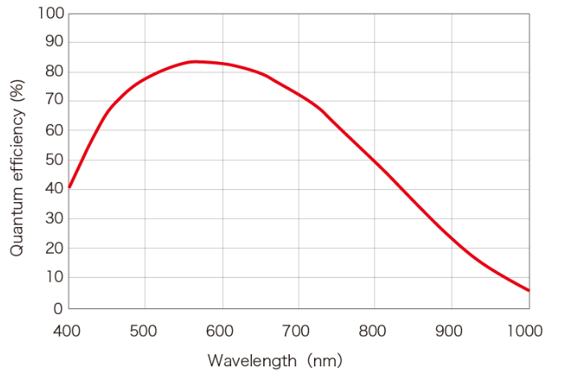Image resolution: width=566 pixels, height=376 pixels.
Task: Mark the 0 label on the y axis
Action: pos(57,308)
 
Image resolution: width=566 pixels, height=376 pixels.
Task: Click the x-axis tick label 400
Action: pos(68,331)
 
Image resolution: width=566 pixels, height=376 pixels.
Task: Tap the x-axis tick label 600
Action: pos(221,331)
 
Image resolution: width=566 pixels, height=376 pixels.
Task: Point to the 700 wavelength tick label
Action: pos(298,331)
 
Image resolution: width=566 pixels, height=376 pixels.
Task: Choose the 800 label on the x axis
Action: pos(374,331)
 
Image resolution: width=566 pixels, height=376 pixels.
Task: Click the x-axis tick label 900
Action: pos(451,331)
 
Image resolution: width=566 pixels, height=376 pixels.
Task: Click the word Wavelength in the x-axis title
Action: pos(252,360)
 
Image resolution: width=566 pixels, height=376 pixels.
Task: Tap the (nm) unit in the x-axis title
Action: pos(323,360)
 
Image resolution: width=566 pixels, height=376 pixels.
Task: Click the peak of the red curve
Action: pos(195,61)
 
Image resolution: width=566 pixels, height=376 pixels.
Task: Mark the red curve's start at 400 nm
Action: pos(69,187)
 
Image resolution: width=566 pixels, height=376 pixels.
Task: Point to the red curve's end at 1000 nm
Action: pos(528,290)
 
